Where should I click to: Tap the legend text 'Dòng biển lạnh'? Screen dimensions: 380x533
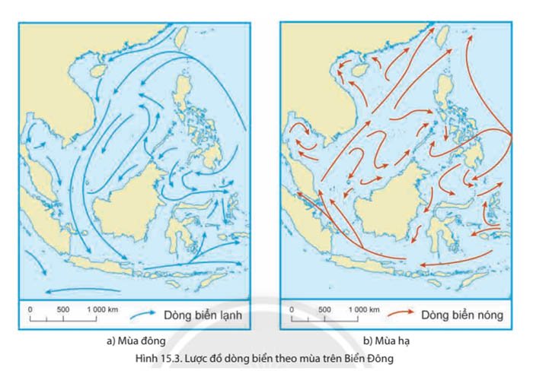[196, 314]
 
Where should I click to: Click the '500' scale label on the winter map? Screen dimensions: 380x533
[63, 309]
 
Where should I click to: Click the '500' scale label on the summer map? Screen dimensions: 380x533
[324, 309]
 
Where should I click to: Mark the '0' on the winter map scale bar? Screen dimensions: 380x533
[30, 309]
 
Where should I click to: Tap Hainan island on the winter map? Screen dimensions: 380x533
[97, 70]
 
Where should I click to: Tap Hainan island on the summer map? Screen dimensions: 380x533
[358, 70]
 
